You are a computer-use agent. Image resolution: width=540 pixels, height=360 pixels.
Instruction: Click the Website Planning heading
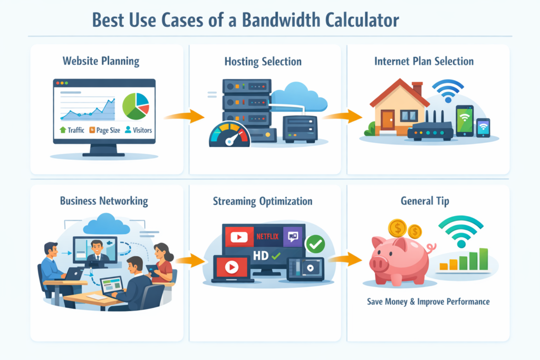coord(101,61)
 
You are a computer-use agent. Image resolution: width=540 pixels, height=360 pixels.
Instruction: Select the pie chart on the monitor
coord(136,106)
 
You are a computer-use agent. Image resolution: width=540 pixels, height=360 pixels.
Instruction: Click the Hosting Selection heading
coord(263,62)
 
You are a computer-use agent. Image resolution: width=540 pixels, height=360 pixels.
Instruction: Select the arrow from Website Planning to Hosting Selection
coord(184,116)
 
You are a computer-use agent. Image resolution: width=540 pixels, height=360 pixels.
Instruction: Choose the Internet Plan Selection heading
coord(424,61)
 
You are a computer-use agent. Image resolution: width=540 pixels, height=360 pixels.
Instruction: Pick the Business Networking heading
coord(104,201)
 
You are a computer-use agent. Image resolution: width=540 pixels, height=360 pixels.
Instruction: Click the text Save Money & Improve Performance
coord(428,302)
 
